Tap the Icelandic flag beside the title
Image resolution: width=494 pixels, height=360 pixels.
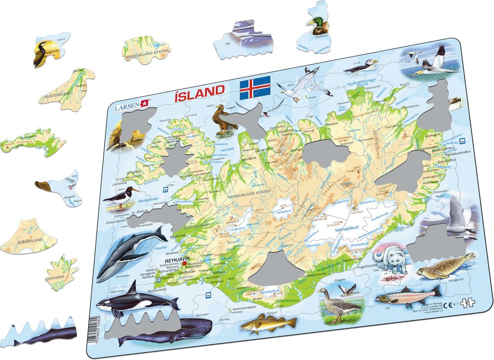point(255,88)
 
